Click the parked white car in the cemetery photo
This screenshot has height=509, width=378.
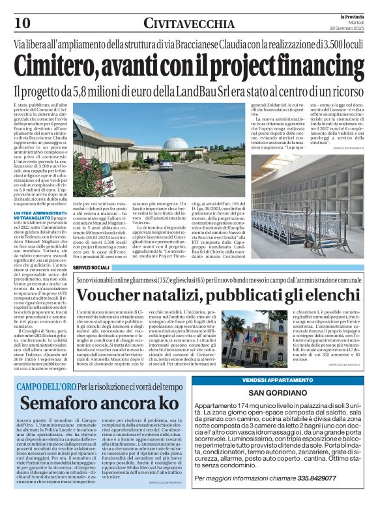point(166,166)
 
